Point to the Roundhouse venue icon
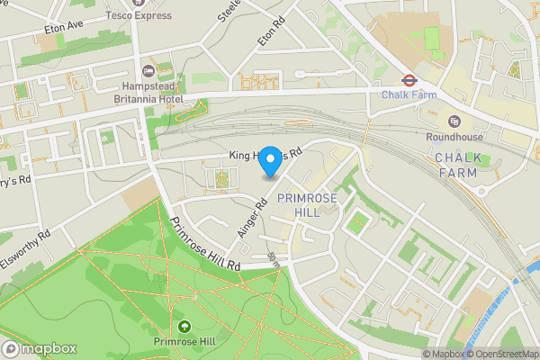454,121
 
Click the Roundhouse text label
454,137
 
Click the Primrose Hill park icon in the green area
184,326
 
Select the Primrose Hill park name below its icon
184,341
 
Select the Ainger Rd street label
254,218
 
